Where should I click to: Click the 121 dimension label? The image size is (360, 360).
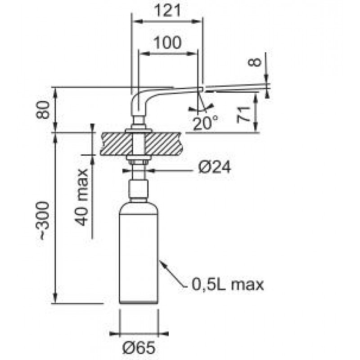(167, 10)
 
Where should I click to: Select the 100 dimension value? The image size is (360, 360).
(167, 43)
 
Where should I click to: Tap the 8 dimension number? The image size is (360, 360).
(255, 62)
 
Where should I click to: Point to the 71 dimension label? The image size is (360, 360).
(243, 115)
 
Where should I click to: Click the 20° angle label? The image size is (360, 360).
(205, 123)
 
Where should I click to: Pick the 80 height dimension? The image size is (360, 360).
(43, 110)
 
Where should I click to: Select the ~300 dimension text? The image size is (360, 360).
(43, 221)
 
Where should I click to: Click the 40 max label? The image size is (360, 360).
(81, 198)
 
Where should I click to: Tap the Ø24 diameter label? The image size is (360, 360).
(214, 167)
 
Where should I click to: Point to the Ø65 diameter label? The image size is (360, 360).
(139, 348)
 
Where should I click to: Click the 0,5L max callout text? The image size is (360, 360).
(228, 285)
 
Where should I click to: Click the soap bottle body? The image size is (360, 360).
(139, 252)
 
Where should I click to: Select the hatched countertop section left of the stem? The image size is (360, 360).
(117, 144)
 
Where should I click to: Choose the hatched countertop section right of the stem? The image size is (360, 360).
(164, 144)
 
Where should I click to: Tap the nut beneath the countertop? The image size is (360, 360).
(139, 162)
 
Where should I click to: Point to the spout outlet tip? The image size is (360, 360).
(202, 89)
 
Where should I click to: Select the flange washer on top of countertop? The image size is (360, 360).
(139, 131)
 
